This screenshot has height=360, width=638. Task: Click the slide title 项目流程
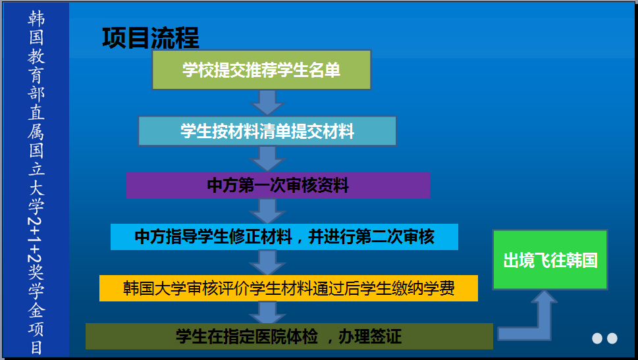coord(150,39)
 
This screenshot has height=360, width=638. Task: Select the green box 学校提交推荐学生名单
coord(261,70)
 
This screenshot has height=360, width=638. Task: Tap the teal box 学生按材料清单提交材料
coord(267,131)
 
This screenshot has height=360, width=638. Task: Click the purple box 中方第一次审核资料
coord(278,186)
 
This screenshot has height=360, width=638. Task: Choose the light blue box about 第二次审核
coord(284,237)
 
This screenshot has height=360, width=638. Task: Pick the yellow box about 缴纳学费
coord(288,288)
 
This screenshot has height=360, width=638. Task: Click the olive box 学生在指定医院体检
coord(289,337)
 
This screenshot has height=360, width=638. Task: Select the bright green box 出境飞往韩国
coord(550,260)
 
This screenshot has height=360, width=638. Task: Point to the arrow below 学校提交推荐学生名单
coord(267,103)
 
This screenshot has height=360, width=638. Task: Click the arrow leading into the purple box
coord(267,159)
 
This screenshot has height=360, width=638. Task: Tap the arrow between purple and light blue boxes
coord(267,211)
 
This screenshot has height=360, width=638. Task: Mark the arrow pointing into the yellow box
coord(267,263)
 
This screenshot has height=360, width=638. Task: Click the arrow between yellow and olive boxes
coord(267,312)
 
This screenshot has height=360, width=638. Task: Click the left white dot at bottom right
coord(597,338)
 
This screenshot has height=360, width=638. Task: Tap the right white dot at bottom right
coord(612,338)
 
